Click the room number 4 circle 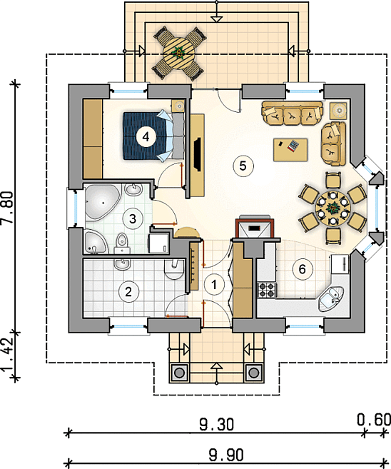coord(146,136)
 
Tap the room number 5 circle coord(243,166)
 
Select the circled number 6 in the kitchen coord(303,269)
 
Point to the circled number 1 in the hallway coord(214,285)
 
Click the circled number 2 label coord(128,292)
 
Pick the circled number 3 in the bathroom coord(133,218)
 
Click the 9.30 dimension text coord(217,424)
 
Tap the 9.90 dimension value coord(226,455)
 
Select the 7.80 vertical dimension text coord(7,207)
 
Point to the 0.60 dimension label coord(375,419)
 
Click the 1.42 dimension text coord(7,356)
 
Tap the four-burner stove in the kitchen coord(267,290)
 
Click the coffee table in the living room coord(290,150)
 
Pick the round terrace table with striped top coord(179,54)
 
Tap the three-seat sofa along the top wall coord(292,114)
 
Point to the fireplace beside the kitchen coord(255,227)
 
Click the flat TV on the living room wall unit coord(198,154)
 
